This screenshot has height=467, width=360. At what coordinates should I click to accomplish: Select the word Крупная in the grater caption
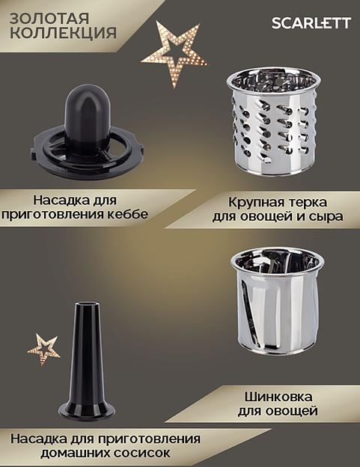249,201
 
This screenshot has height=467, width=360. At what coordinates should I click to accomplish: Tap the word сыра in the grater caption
327,217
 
